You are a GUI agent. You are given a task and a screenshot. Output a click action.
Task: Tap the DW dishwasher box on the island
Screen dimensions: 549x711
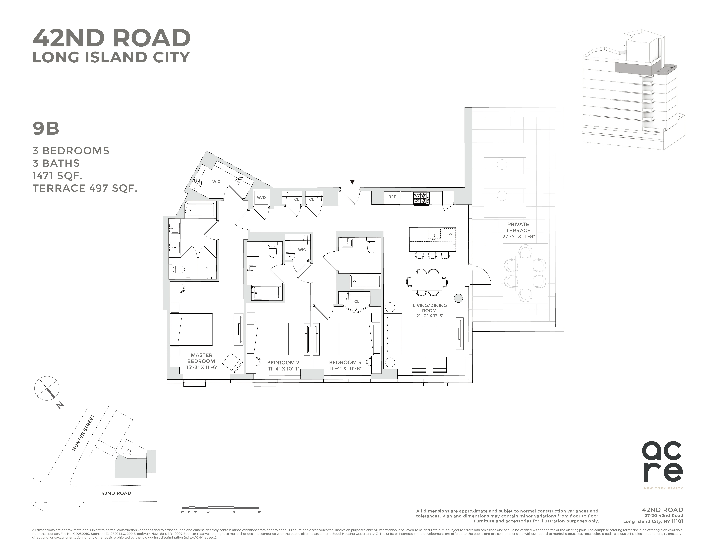click(x=449, y=234)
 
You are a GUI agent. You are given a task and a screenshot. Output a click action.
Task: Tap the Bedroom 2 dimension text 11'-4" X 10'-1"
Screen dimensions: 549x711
click(x=283, y=369)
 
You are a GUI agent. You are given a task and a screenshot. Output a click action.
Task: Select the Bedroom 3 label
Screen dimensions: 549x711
click(x=345, y=362)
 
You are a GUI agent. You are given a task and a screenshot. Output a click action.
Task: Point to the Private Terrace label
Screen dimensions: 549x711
click(x=518, y=227)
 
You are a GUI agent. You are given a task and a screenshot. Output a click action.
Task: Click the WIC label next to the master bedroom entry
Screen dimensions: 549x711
click(x=216, y=182)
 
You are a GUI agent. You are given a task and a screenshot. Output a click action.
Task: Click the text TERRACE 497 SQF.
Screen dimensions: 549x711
click(x=85, y=188)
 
